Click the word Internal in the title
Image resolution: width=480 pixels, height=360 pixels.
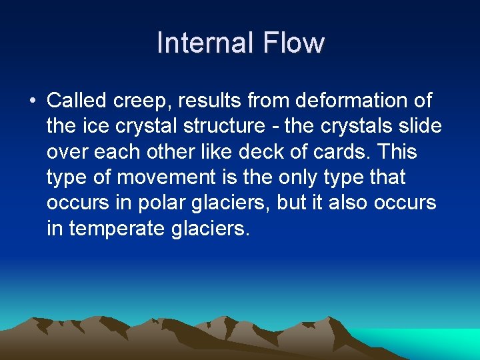tap(205, 43)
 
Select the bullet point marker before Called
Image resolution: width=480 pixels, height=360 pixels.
tap(33, 101)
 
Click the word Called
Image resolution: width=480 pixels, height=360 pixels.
tap(77, 101)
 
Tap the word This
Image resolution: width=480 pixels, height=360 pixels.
tap(397, 152)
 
